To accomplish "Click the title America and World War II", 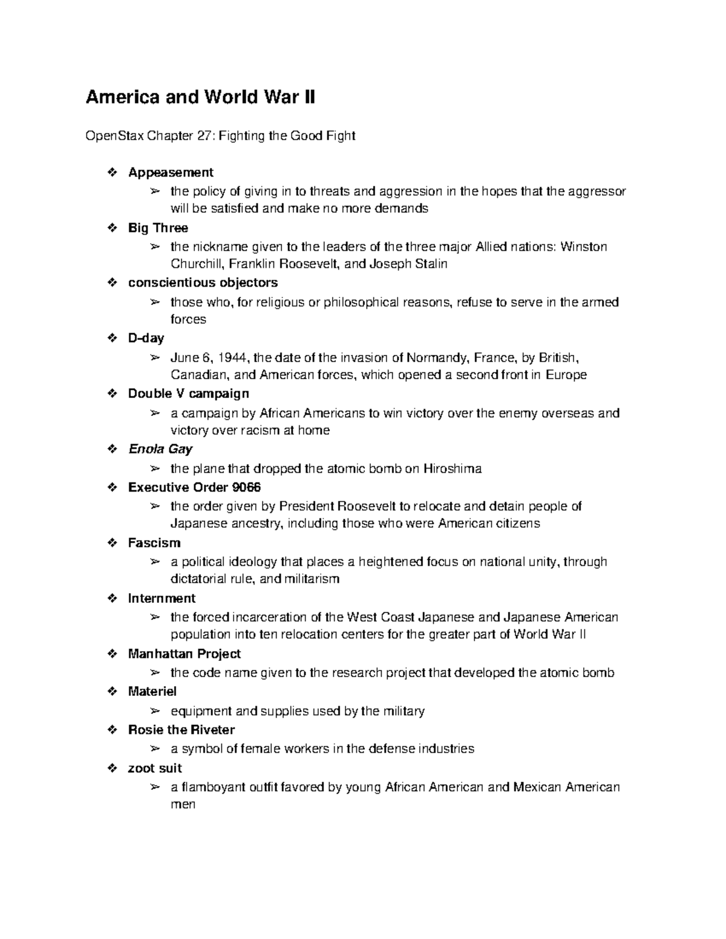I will [200, 97].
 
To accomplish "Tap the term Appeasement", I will [171, 173].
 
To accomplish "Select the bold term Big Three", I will [158, 228].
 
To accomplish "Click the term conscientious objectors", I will [203, 283].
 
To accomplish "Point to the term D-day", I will [146, 338].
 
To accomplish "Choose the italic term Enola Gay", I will [160, 449].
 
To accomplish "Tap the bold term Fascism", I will [154, 543].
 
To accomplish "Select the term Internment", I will [162, 599].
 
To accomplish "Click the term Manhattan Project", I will [185, 654].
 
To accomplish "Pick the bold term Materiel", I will [152, 692].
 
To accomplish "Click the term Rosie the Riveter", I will [181, 730].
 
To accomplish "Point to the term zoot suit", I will [155, 768].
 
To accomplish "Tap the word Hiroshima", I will [452, 469].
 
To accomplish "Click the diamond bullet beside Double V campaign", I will [111, 394].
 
